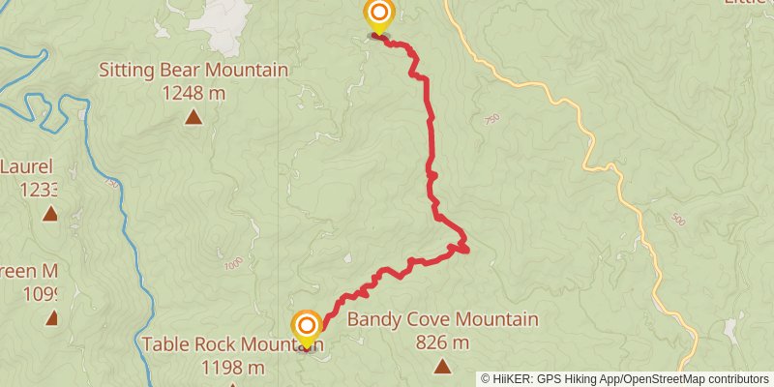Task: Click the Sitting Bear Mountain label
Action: coord(193,71)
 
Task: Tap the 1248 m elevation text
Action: coord(193,93)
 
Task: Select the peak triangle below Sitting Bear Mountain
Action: coord(193,118)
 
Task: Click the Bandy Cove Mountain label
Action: coord(442,320)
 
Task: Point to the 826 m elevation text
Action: coord(442,342)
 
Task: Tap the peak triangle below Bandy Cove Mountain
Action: coord(442,366)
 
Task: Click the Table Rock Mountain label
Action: coord(230,344)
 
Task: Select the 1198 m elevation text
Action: coord(233,368)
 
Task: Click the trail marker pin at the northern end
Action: coord(378,15)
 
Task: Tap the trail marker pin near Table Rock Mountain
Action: coord(307,326)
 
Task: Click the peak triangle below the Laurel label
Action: coord(50,214)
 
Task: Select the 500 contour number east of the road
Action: coord(677,222)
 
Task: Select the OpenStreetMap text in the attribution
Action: coord(665,379)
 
